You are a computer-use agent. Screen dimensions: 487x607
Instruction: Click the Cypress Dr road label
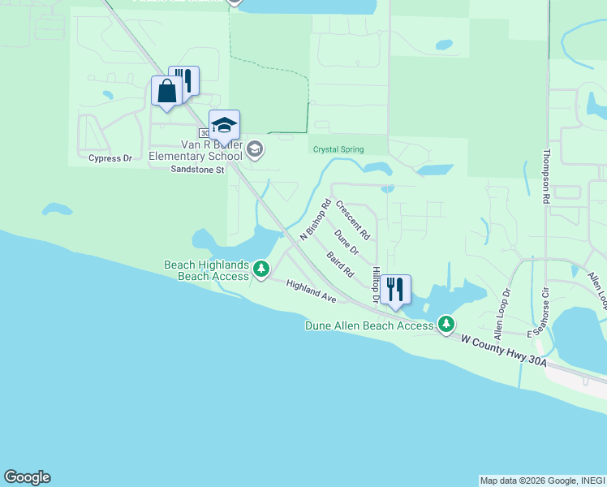coord(110,158)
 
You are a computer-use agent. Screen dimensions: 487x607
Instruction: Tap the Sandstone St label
coord(196,170)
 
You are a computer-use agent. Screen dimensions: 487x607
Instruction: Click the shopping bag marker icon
coord(166,91)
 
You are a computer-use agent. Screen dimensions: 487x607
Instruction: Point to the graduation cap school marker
coord(224,126)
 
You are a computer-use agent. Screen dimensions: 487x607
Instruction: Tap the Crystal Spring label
coord(338,149)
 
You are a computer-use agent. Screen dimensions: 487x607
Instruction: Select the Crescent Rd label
coord(353,221)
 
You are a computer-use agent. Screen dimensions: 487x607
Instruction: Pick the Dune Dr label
coord(346,241)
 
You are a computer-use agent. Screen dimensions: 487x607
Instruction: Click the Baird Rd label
coord(340,265)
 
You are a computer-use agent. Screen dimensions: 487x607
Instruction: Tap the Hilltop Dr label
coord(376,285)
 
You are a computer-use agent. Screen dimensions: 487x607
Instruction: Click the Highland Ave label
coord(311,292)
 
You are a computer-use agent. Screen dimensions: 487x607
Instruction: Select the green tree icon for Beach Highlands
coord(260,269)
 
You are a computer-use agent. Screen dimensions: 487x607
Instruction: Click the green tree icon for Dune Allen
coord(446,325)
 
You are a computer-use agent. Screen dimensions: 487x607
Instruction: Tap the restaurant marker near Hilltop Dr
coord(395,290)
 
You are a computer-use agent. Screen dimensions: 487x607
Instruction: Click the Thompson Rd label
coord(547,176)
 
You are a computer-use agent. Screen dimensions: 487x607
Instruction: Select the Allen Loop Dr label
coord(502,312)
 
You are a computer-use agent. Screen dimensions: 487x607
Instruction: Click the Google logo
coord(27,477)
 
